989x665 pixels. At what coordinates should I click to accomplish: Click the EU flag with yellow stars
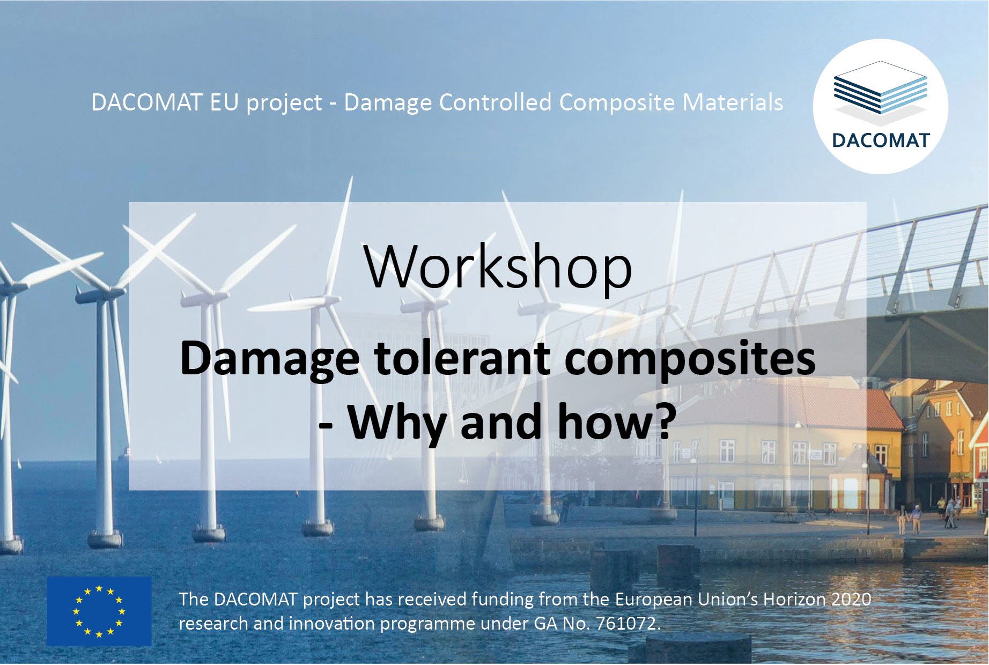[x=99, y=611]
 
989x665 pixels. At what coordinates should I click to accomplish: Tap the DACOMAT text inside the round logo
[x=881, y=141]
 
